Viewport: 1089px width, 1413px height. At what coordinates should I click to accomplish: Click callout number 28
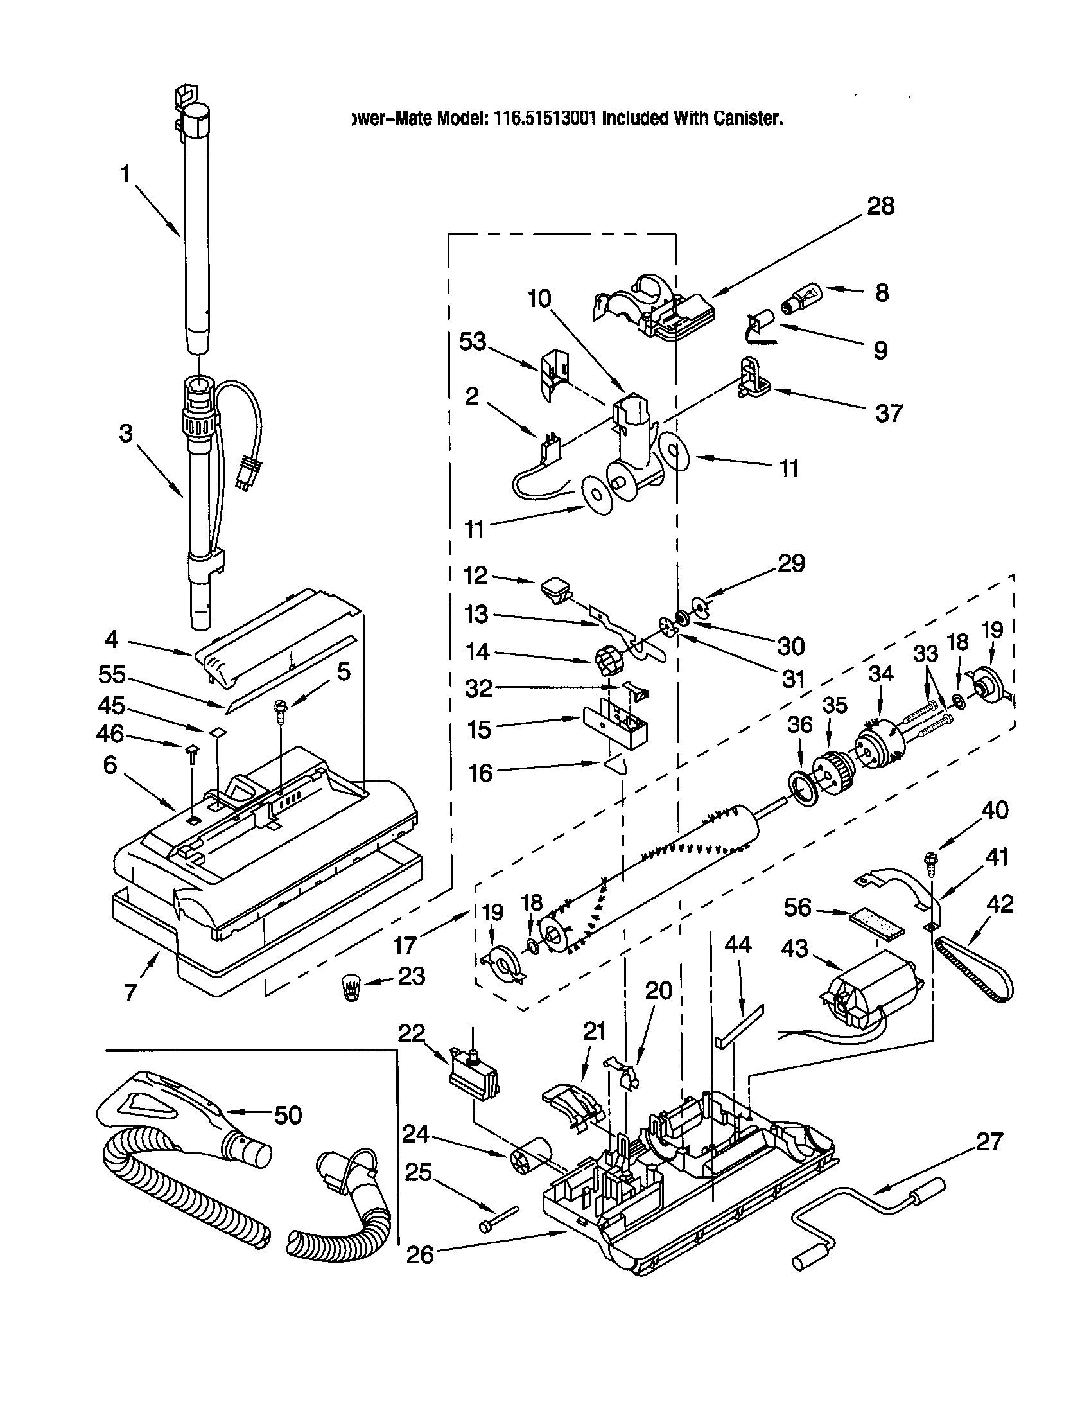pyautogui.click(x=880, y=206)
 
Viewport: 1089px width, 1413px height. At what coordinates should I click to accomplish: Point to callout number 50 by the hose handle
pyautogui.click(x=288, y=1114)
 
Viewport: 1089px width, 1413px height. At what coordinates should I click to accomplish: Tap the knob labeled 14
pyautogui.click(x=607, y=660)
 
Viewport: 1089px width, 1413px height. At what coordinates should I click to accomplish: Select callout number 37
pyautogui.click(x=889, y=413)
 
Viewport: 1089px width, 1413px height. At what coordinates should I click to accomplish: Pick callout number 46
pyautogui.click(x=110, y=733)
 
